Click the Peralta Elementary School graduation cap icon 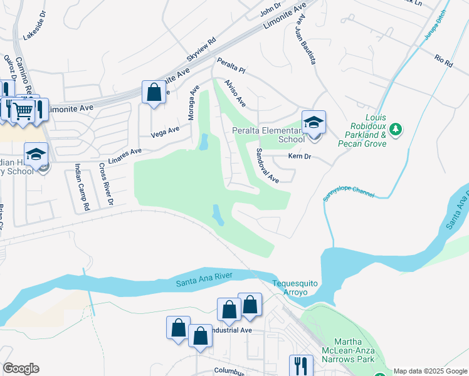point(314,122)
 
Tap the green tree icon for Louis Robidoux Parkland point(395,130)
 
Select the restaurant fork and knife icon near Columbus point(301,365)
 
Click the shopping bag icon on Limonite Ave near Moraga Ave point(154,93)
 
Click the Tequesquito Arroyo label point(295,288)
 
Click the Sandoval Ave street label point(267,165)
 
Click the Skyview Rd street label point(201,48)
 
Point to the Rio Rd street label point(443,61)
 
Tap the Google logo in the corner point(21,368)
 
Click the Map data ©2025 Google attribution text point(429,371)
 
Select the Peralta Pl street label point(231,66)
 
